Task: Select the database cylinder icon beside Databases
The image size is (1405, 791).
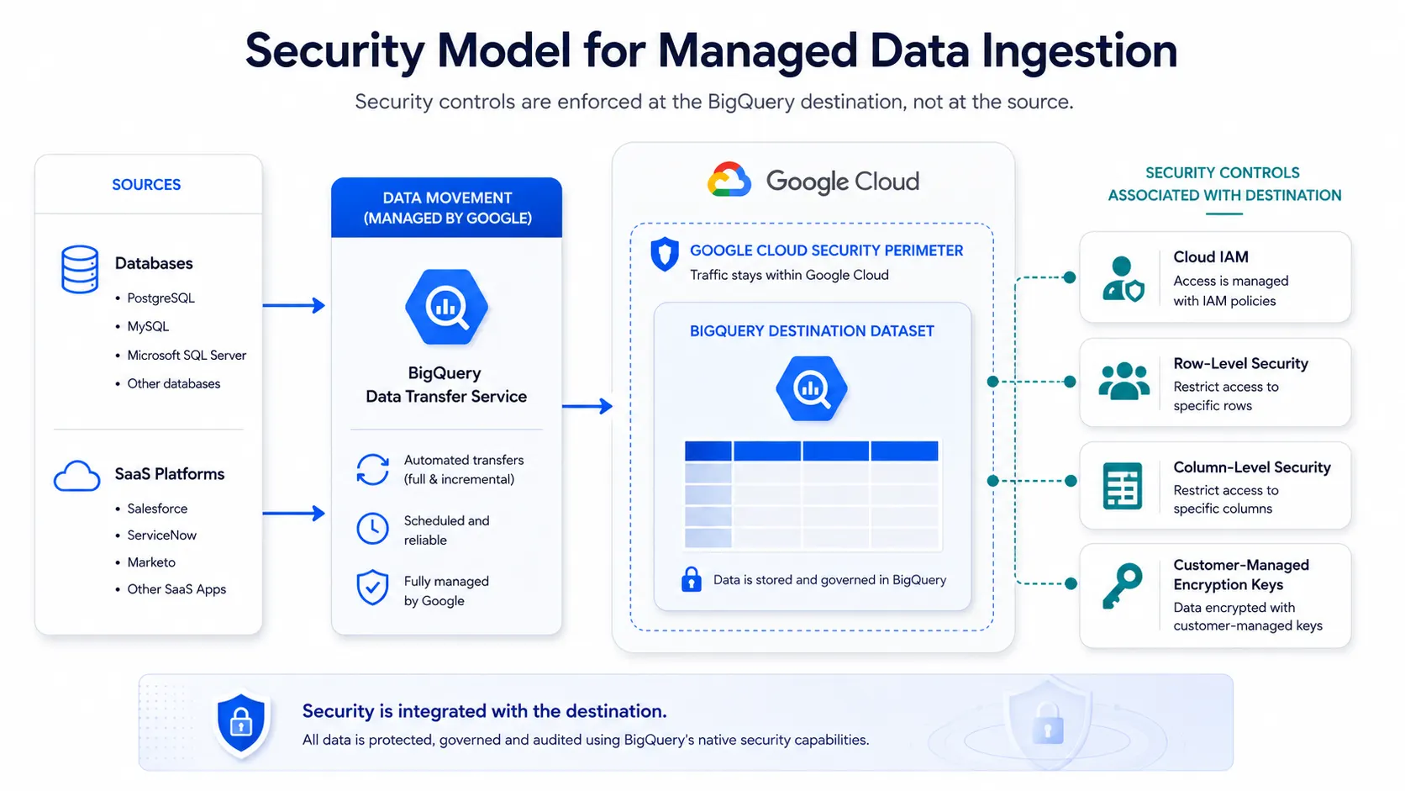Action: (80, 270)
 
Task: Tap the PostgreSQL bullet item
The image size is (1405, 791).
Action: (160, 298)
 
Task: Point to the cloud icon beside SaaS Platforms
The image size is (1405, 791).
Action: (76, 476)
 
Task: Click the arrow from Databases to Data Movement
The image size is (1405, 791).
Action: (293, 305)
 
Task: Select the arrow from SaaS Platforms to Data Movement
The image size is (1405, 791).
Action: (293, 513)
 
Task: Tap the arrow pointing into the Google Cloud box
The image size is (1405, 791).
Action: (587, 406)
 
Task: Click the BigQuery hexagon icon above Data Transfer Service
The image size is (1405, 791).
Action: (446, 307)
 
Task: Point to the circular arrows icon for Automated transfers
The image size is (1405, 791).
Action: (372, 470)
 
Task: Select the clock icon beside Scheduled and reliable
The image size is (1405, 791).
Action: (372, 529)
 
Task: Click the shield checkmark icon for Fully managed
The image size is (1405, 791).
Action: (372, 587)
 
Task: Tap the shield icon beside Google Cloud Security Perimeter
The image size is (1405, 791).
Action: (665, 254)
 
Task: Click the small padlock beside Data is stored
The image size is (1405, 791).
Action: (692, 579)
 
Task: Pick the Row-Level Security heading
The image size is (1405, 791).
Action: (1240, 363)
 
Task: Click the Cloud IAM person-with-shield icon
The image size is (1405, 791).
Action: (1123, 278)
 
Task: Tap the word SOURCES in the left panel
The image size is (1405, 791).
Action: (146, 184)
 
